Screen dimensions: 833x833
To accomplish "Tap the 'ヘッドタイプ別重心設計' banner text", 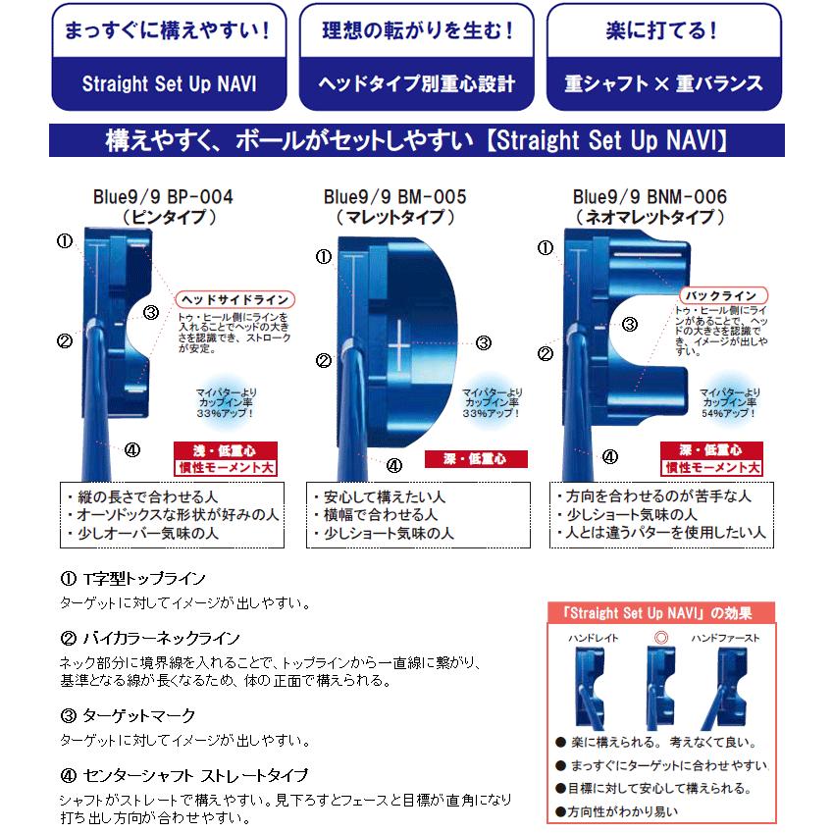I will click(416, 83).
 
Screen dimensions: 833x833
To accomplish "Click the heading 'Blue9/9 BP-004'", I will click(170, 196).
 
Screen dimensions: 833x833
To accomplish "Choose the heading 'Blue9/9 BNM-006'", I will click(650, 196).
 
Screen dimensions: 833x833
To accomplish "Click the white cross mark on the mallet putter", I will click(399, 347).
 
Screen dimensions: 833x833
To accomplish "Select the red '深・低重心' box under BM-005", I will click(476, 459).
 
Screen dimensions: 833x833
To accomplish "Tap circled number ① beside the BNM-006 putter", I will click(547, 248).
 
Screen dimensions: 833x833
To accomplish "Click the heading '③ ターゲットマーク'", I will click(129, 715).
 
